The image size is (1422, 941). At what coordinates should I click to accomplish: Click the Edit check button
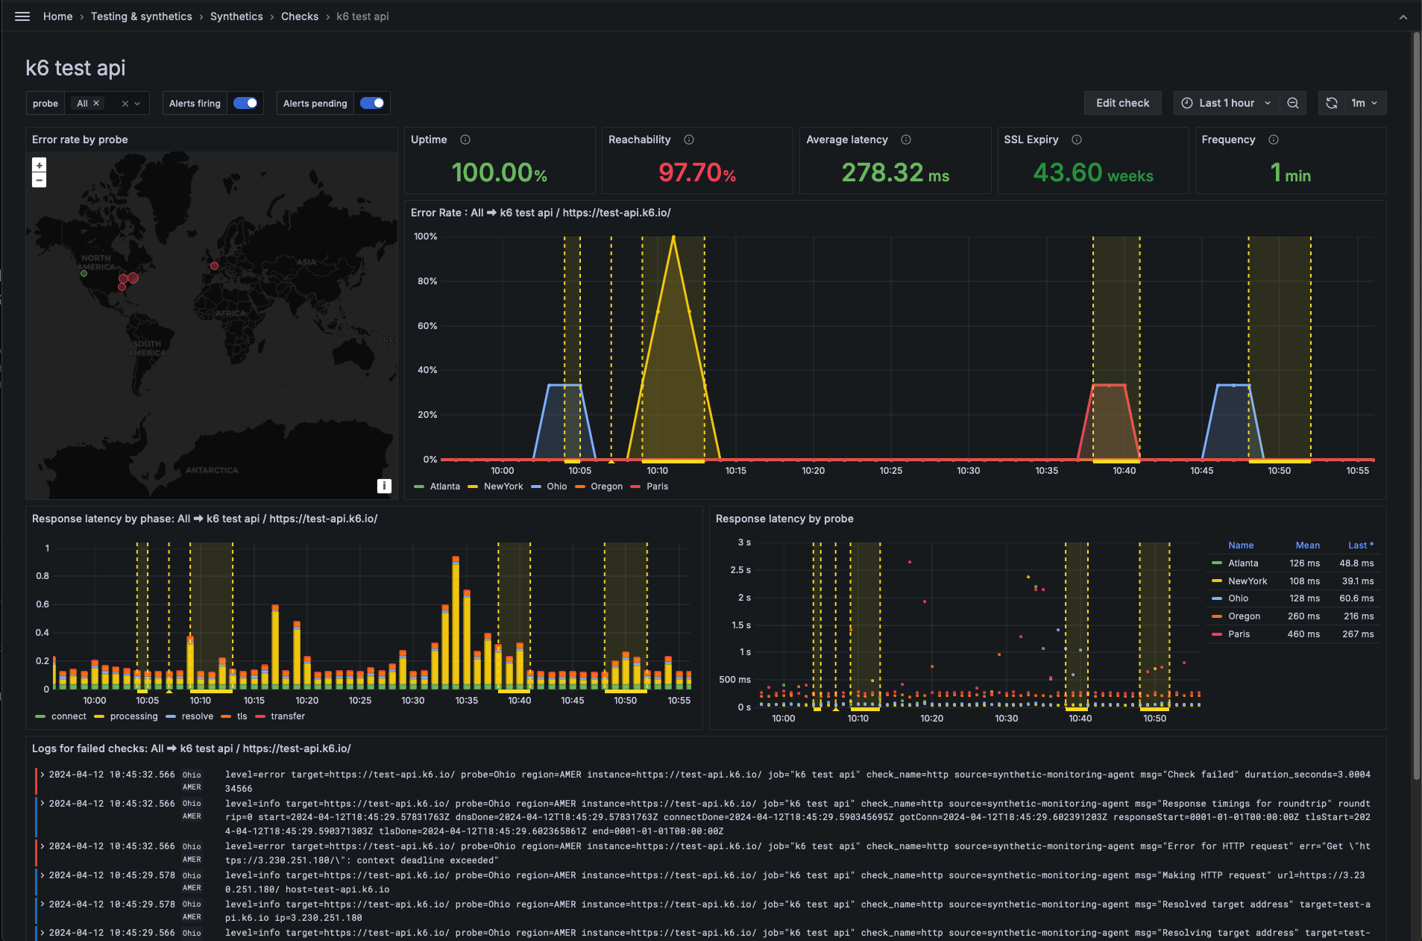(1122, 103)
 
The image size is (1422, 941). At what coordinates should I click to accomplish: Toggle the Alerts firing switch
(245, 103)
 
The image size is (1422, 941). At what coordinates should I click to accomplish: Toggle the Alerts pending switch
(372, 103)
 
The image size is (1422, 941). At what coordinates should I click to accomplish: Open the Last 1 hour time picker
(1227, 103)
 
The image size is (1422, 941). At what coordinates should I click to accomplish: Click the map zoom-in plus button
(40, 165)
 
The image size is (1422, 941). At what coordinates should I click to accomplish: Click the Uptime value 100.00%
(499, 173)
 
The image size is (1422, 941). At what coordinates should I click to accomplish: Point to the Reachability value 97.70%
(696, 173)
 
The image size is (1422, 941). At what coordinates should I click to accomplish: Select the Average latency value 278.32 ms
(895, 173)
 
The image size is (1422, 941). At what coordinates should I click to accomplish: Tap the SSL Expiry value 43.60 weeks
(1092, 173)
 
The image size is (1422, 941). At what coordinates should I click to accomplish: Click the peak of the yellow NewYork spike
(673, 237)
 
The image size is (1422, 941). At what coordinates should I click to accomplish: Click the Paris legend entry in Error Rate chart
(656, 487)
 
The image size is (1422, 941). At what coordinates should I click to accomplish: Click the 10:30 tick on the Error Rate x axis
(969, 471)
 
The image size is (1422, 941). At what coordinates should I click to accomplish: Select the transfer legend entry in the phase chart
(287, 716)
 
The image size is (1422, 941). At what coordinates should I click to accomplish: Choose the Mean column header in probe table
(1307, 545)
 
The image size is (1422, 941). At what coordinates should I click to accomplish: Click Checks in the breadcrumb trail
(300, 16)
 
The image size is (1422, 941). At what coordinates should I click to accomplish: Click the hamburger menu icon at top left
(22, 16)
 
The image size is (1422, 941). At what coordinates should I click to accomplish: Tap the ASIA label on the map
(306, 262)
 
